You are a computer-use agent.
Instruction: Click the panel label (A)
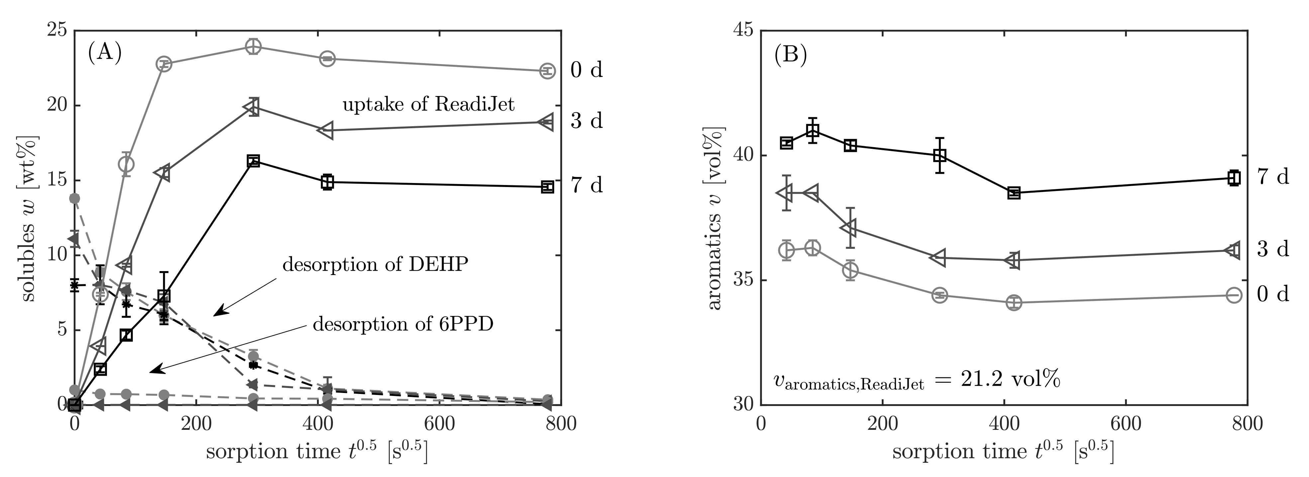coord(105,52)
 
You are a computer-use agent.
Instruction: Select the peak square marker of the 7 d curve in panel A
coord(253,161)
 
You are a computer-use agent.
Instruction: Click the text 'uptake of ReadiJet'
coord(428,105)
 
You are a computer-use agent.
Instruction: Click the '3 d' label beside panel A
coord(586,121)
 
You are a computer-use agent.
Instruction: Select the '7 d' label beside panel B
coord(1273,176)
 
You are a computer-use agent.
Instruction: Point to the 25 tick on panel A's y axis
coord(56,31)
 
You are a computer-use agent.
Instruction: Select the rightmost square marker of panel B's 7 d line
coord(1234,178)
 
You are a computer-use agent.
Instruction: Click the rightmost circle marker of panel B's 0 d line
coord(1234,295)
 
